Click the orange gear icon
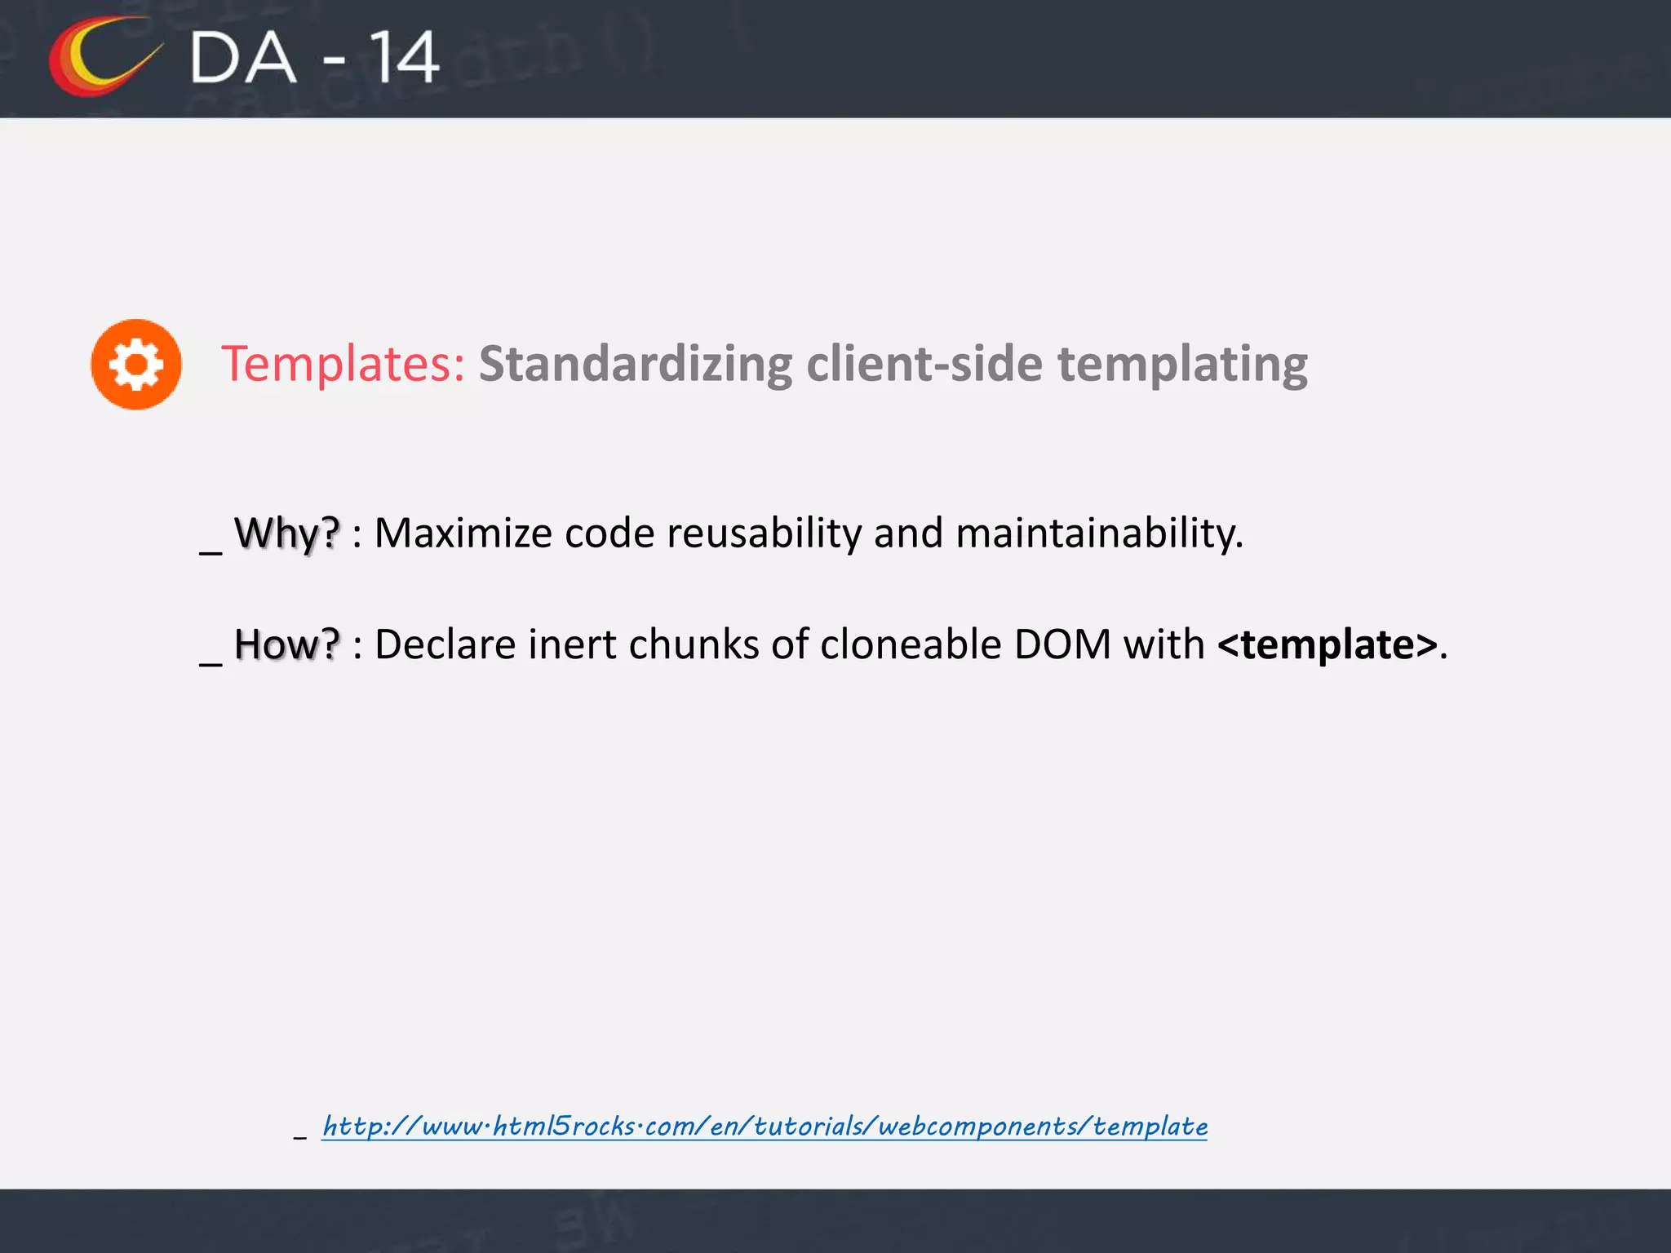click(136, 364)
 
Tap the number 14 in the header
click(405, 58)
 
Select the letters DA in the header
click(242, 58)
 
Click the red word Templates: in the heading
click(343, 364)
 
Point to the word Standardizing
click(635, 364)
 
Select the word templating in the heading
click(1182, 364)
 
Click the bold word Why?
click(286, 534)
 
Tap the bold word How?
click(286, 644)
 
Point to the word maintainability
click(1099, 534)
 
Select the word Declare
click(445, 644)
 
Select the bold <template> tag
click(1327, 644)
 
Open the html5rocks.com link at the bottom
click(765, 1127)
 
